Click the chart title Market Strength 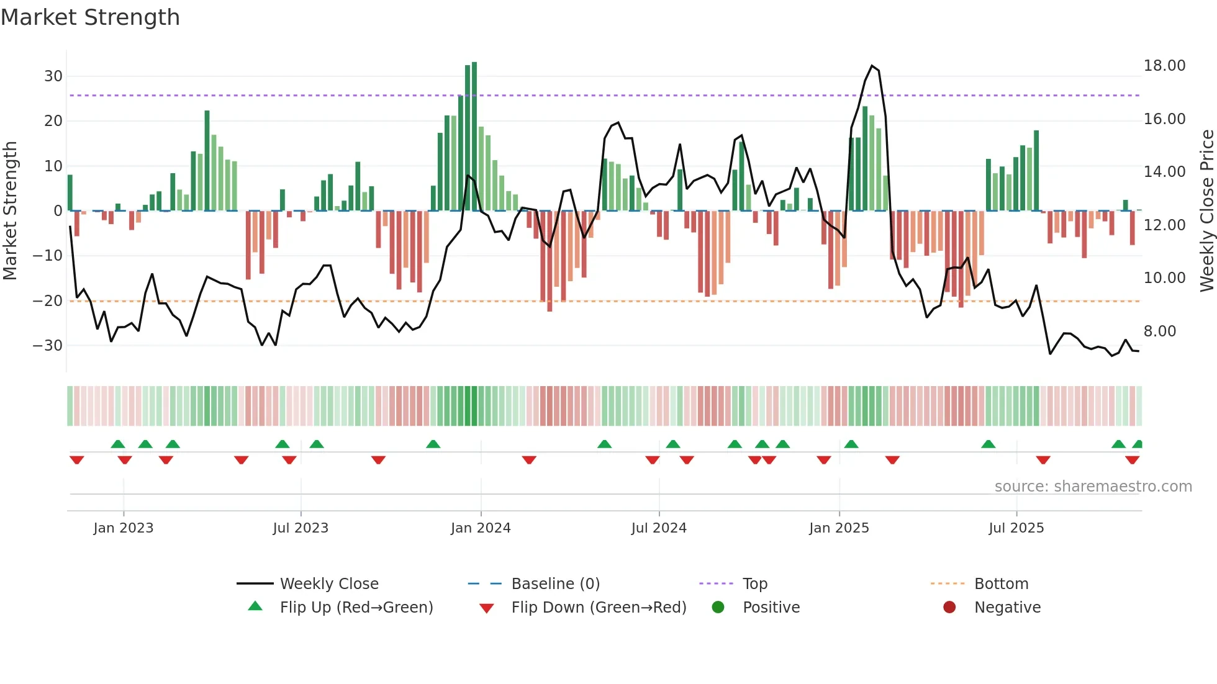click(90, 17)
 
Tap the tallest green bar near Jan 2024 click(474, 136)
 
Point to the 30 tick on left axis click(53, 76)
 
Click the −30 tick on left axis click(48, 346)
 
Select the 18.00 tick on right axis click(1164, 66)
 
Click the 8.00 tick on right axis click(1159, 331)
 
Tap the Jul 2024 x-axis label click(659, 528)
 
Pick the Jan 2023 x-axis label click(123, 528)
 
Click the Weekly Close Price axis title click(1206, 211)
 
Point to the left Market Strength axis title click(10, 211)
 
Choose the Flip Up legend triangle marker click(255, 606)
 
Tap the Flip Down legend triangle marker click(487, 608)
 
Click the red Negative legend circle click(949, 607)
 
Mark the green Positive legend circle click(718, 607)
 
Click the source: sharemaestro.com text click(1093, 487)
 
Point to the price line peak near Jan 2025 click(872, 66)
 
